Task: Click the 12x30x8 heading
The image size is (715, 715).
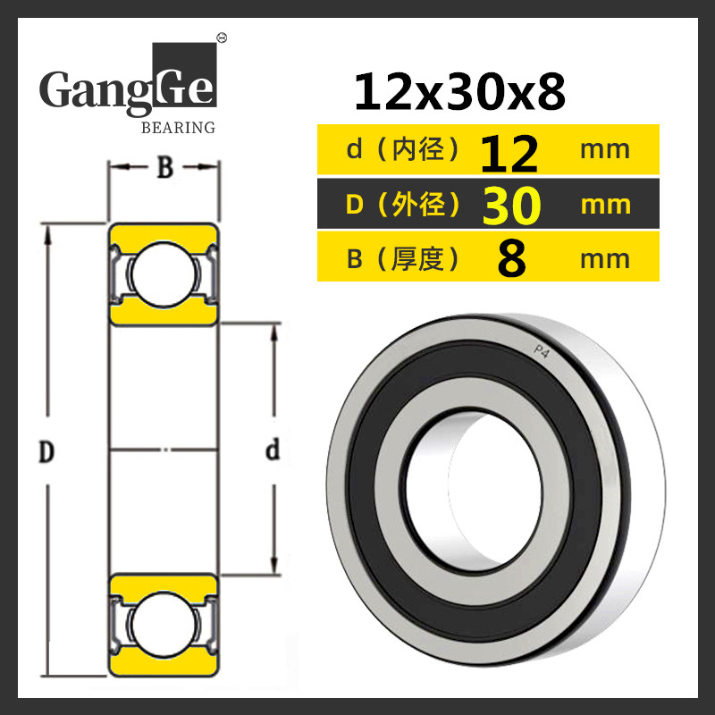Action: click(459, 92)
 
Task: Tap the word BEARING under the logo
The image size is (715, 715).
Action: click(178, 128)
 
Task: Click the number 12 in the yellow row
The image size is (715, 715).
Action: click(509, 154)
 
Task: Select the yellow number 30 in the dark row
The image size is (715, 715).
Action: click(511, 206)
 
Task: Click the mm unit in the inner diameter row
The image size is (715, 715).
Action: click(605, 150)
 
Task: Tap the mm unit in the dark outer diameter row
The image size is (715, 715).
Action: click(606, 206)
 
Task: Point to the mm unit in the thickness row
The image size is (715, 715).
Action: click(605, 259)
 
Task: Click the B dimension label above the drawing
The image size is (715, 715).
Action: click(164, 167)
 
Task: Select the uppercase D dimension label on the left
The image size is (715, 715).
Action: click(46, 451)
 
